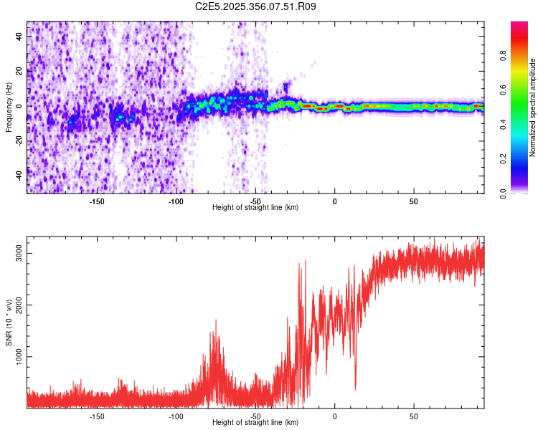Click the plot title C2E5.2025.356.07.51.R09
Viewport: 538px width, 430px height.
point(256,6)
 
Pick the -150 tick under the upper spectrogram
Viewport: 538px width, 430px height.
point(97,201)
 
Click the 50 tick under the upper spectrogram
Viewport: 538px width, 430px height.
point(413,201)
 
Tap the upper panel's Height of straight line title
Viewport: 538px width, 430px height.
point(255,208)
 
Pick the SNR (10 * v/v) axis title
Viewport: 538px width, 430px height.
point(9,322)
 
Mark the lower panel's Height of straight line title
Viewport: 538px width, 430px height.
point(255,423)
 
